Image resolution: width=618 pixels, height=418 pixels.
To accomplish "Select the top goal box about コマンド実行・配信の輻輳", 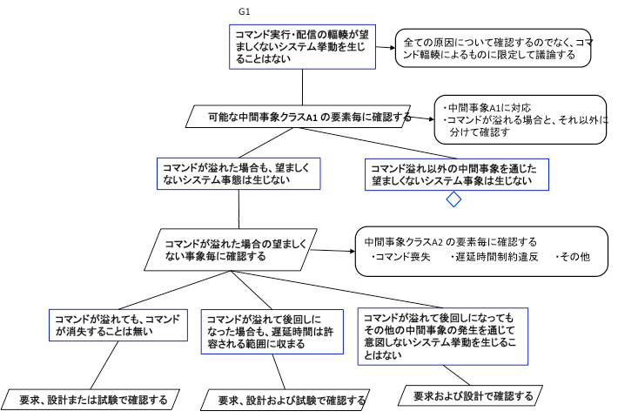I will point(302,46).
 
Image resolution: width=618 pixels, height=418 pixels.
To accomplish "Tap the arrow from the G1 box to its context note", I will point(386,46).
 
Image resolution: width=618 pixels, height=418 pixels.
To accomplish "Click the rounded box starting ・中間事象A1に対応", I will point(521,118).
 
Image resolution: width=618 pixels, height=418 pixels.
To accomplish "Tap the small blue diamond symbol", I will point(453,200).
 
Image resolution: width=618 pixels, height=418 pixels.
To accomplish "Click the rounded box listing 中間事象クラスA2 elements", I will point(481,251).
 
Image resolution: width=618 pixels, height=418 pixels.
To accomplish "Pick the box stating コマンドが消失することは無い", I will point(117,326).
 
